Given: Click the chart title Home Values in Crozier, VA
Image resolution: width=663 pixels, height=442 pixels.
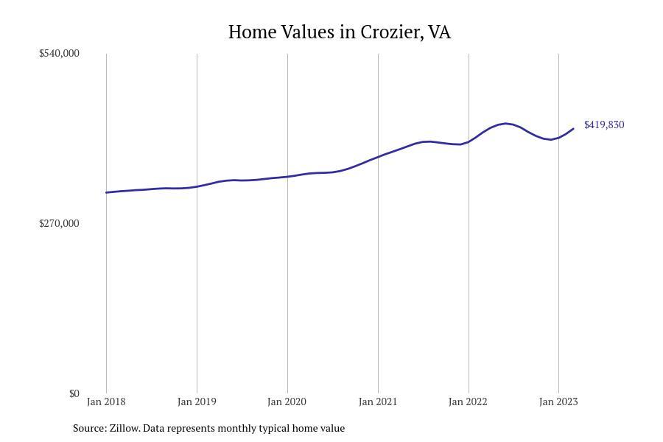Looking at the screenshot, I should tap(339, 32).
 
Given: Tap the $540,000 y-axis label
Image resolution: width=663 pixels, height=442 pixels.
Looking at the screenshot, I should tap(59, 53).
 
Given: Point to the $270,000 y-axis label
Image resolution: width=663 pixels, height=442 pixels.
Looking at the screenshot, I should tap(59, 223).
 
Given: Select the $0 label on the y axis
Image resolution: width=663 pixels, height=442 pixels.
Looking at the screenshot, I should tap(74, 393).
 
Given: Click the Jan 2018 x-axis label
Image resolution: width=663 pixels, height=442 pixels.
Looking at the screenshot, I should tap(106, 401).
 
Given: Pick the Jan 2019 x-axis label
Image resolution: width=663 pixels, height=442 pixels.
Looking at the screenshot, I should tap(197, 401).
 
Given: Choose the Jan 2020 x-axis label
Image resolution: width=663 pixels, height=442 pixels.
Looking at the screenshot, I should tap(287, 401).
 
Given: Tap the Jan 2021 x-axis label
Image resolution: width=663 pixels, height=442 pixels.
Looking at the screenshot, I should tap(378, 401).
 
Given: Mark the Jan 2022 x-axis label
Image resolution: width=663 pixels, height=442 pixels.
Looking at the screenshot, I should tap(469, 401).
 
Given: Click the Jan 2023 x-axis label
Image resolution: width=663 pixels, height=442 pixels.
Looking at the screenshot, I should tap(558, 401).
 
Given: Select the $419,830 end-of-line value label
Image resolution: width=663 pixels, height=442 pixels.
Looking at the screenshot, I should tap(604, 124).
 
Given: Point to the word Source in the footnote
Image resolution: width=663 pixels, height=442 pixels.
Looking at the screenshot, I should tap(89, 428).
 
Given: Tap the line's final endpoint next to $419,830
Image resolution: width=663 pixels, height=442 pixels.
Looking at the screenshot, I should tap(573, 129).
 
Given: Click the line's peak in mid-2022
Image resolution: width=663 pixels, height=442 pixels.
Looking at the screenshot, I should tap(505, 123).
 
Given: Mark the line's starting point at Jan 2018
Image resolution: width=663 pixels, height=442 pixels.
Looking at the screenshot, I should tap(106, 192).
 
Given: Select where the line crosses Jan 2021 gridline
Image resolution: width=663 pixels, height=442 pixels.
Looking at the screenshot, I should tap(378, 156).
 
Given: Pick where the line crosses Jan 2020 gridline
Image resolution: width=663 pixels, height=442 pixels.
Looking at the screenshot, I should tap(287, 176).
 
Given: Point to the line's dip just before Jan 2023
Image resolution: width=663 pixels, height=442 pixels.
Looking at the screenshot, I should tap(550, 139).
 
